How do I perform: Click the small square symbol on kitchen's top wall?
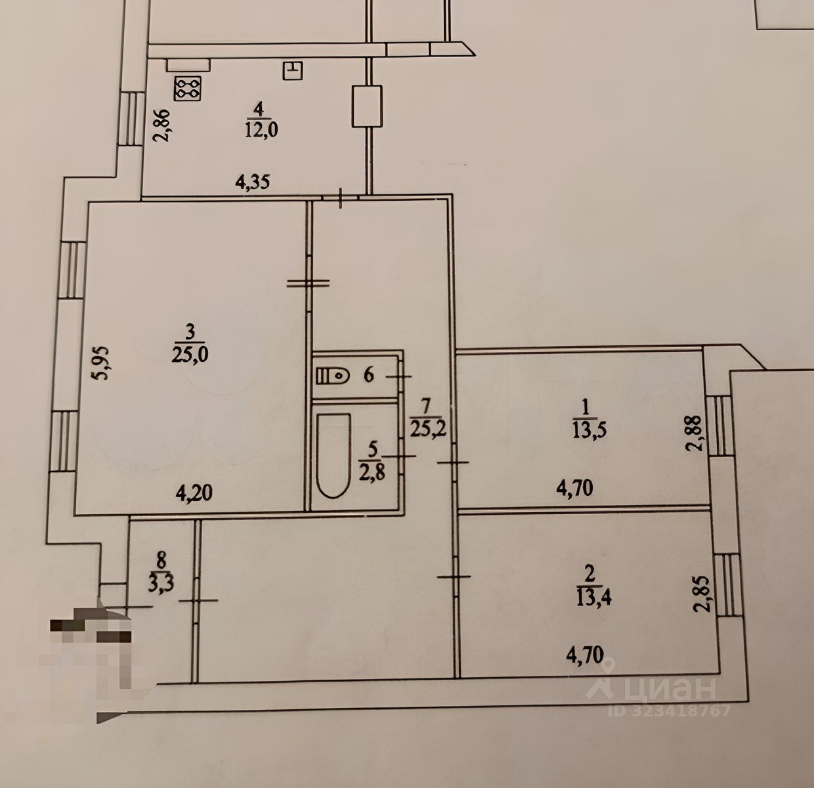tap(292, 70)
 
